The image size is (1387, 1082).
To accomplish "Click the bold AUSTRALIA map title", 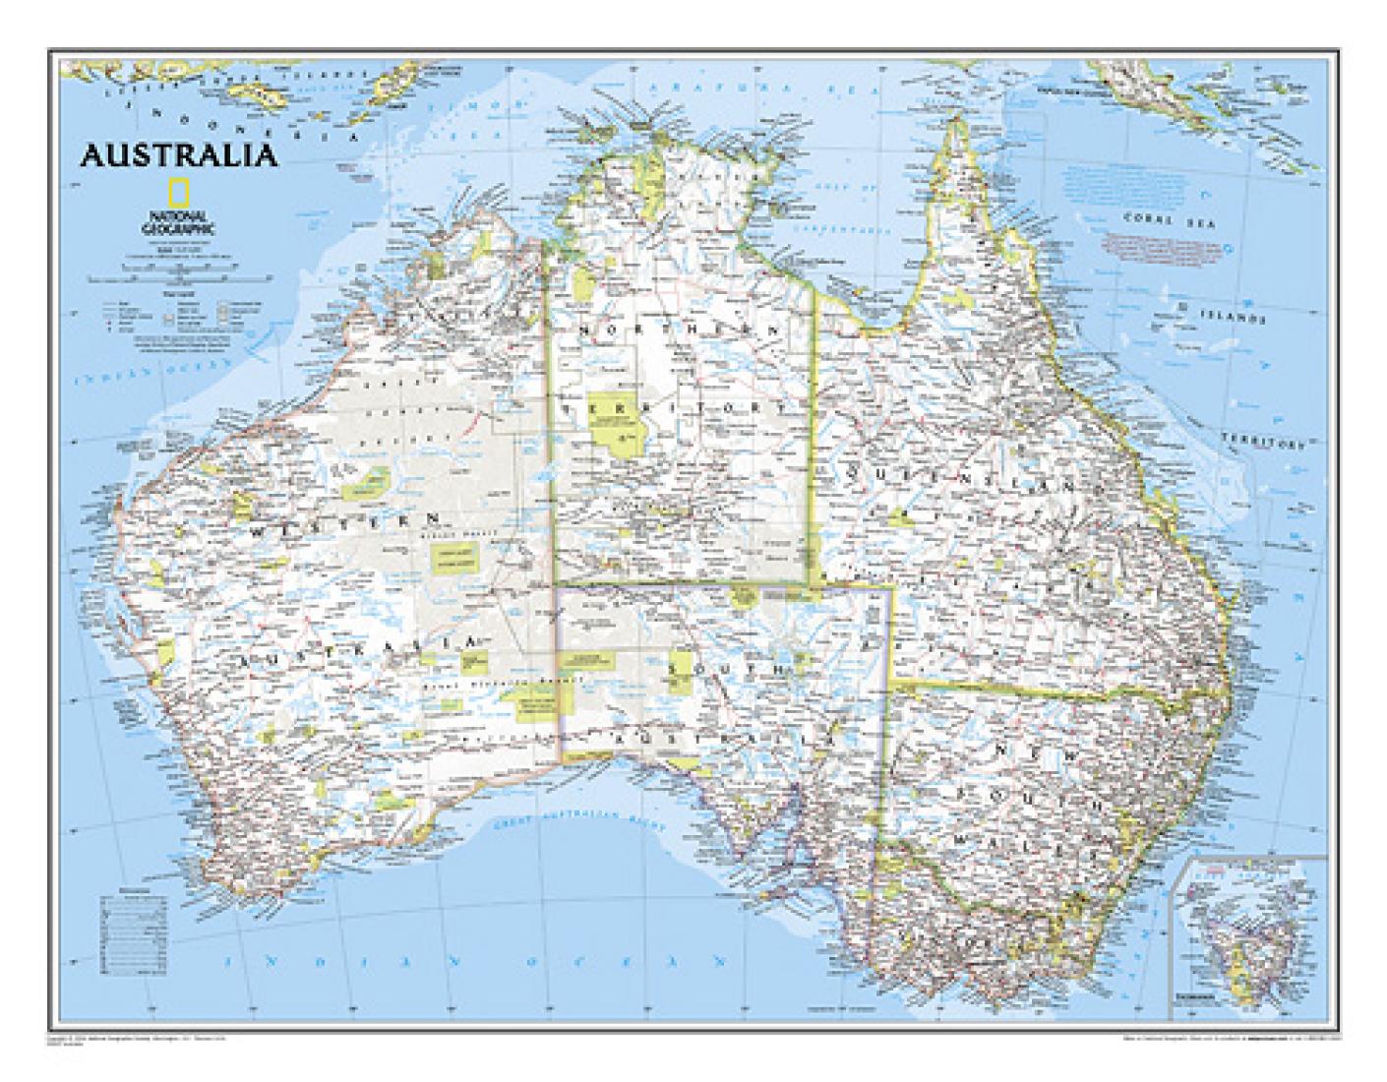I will (x=179, y=155).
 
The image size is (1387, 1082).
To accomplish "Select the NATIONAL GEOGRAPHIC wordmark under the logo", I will (x=178, y=221).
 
